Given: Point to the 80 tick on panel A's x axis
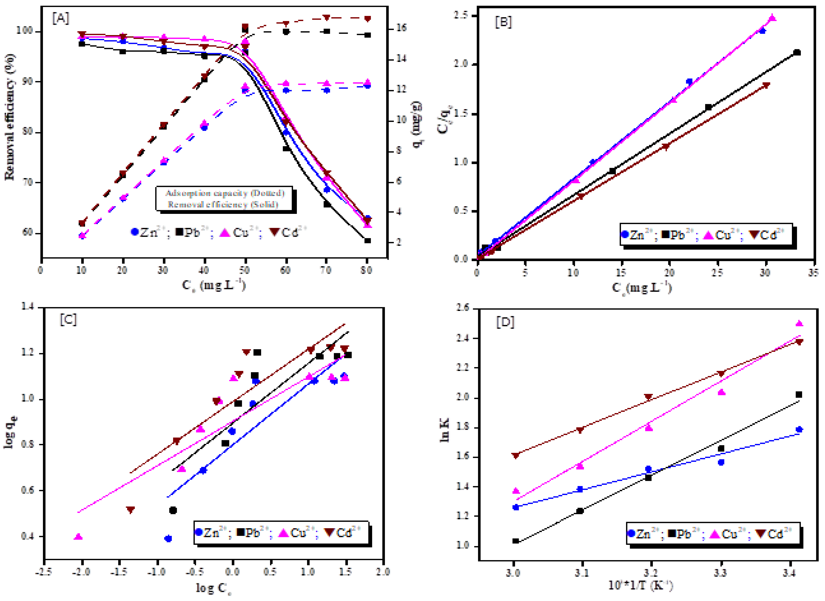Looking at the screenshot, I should [x=367, y=270].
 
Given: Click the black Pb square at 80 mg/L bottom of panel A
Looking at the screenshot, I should [x=367, y=241].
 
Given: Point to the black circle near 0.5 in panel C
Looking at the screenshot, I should [x=173, y=510].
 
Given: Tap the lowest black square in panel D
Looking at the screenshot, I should [x=515, y=541].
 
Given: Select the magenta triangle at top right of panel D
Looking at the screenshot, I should [x=799, y=323].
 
